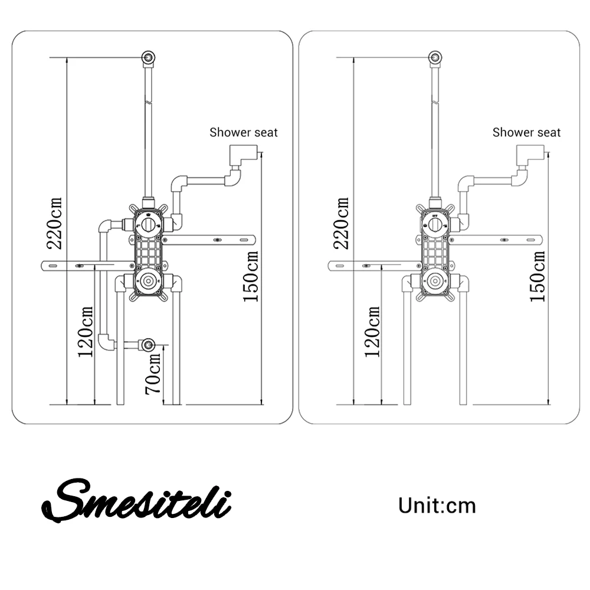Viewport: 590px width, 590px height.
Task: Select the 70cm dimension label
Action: [x=153, y=374]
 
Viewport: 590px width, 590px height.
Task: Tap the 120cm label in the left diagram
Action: [x=86, y=332]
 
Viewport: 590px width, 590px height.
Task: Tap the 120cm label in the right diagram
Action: [x=372, y=332]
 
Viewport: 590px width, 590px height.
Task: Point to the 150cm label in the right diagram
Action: [x=537, y=276]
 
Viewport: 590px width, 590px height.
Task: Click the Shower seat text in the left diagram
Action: [x=244, y=132]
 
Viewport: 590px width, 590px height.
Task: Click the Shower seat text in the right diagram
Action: [x=527, y=132]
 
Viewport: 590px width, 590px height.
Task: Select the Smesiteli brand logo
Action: [x=136, y=500]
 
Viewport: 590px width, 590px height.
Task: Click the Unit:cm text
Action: [x=437, y=506]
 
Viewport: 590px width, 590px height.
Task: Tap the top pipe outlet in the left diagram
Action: [x=149, y=58]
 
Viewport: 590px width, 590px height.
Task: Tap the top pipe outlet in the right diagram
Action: [x=435, y=58]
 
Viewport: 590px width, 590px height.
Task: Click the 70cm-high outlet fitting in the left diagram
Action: [x=147, y=344]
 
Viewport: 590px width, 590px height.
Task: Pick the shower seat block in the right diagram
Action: [x=529, y=156]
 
